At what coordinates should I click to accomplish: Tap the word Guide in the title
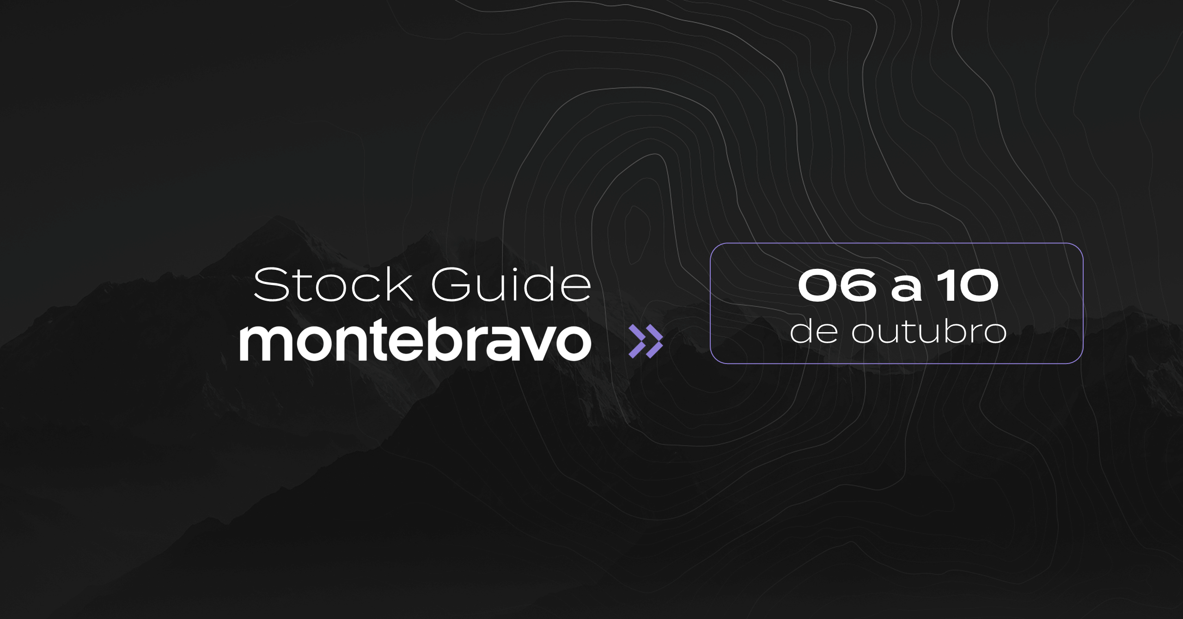(x=511, y=284)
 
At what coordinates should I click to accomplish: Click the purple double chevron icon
(x=646, y=341)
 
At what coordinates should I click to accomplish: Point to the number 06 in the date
(x=837, y=285)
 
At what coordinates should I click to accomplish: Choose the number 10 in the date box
(x=969, y=285)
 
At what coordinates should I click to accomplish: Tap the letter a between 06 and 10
(x=907, y=289)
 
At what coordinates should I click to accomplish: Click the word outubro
(x=929, y=331)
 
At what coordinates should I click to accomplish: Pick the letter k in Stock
(x=399, y=284)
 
